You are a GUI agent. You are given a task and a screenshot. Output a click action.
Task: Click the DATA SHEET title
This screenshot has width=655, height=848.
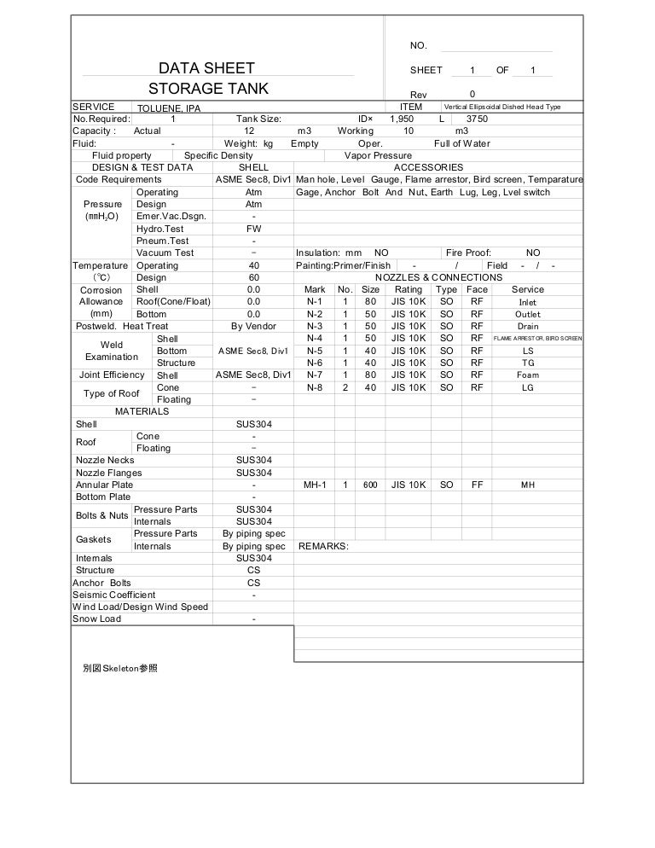[207, 69]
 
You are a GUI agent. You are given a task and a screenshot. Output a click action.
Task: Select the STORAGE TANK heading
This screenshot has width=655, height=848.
[208, 89]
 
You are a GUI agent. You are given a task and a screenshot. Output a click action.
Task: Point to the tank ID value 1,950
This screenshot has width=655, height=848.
[401, 119]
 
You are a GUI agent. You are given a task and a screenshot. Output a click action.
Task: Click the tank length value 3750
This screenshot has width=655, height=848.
[476, 119]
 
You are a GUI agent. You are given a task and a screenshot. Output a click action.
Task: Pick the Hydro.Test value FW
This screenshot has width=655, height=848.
[253, 229]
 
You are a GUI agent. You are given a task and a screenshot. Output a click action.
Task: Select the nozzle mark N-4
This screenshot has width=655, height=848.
[314, 338]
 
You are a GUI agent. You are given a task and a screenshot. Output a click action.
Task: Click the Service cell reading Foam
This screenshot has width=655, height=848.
[528, 375]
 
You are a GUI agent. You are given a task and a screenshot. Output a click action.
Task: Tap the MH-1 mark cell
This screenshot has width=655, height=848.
[315, 485]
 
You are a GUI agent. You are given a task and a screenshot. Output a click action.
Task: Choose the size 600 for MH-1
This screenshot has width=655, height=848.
[370, 485]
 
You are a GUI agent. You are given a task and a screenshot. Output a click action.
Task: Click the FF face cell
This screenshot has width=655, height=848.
[477, 485]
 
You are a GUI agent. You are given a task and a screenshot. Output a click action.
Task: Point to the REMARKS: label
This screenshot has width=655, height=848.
[323, 546]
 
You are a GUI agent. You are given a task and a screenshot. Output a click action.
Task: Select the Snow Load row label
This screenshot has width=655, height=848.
[98, 619]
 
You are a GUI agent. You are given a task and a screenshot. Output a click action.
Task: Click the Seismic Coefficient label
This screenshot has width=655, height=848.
[114, 595]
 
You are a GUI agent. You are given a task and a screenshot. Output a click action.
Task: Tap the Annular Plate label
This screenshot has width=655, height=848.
[104, 485]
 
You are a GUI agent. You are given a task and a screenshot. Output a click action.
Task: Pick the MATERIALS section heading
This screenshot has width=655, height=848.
[142, 411]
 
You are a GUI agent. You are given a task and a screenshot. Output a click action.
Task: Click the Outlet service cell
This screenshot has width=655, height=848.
[528, 314]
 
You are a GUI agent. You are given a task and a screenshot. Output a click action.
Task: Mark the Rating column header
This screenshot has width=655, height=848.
[409, 289]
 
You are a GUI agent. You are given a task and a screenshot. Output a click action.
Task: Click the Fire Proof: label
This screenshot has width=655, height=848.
[468, 253]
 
